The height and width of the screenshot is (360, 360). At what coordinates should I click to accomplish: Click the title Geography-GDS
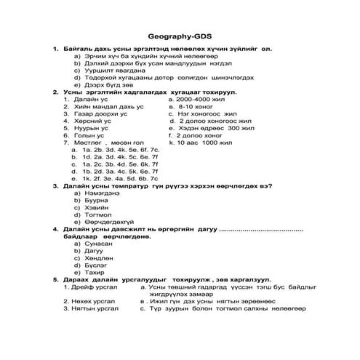coord(179,35)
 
